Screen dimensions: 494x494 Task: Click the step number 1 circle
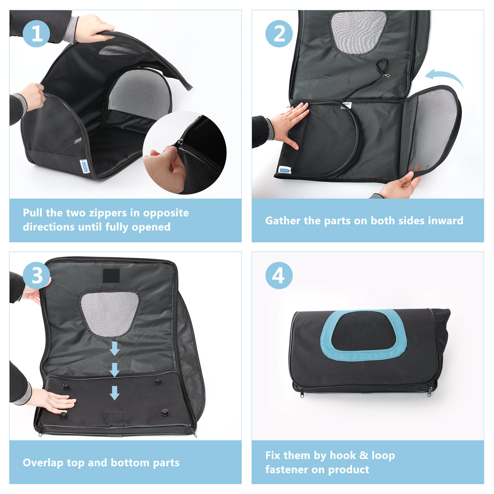point(36,34)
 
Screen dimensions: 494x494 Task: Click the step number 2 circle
point(279,34)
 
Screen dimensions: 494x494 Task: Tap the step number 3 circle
point(36,275)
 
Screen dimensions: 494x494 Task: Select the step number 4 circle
point(279,275)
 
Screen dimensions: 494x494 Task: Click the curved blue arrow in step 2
point(445,75)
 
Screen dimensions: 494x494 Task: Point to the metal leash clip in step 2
point(386,75)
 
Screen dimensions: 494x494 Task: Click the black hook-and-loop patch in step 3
point(111,276)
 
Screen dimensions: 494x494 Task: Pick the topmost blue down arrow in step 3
point(114,348)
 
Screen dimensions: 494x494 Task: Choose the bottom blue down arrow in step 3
point(114,393)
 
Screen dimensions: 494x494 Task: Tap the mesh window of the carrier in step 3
point(109,314)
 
